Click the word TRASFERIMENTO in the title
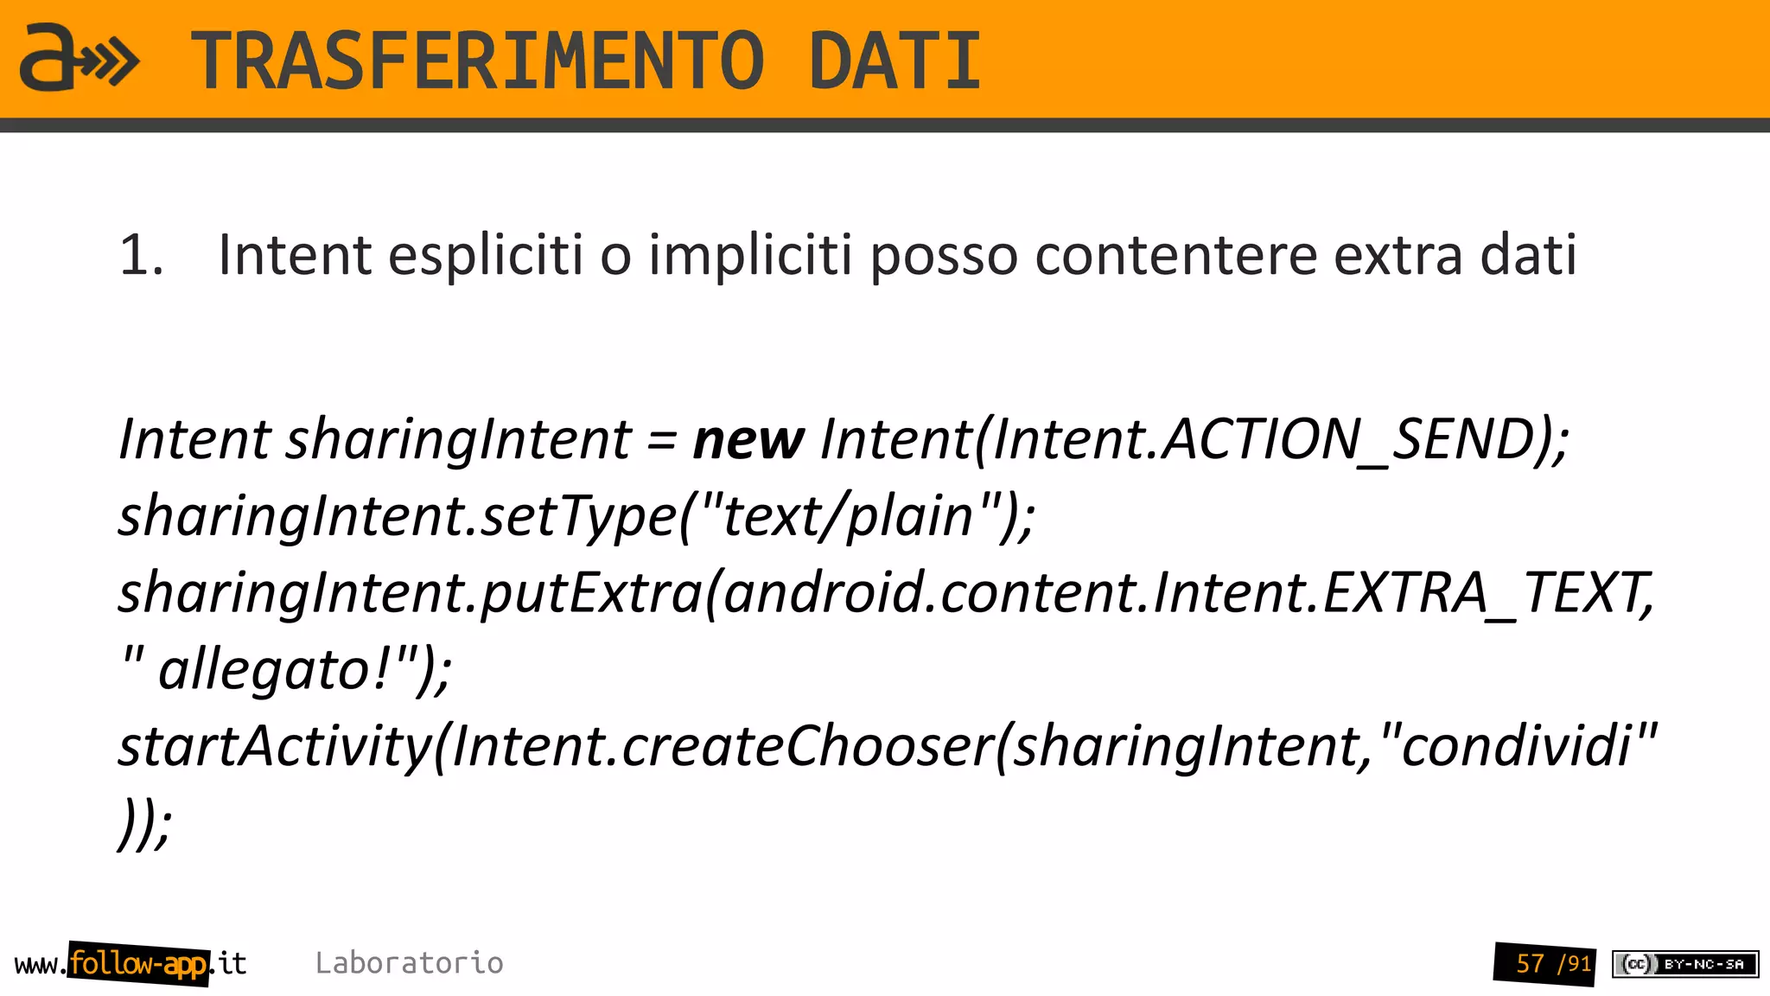tap(477, 61)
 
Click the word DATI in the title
tap(895, 61)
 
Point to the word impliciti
tap(750, 256)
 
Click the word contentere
tap(1175, 256)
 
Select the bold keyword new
tap(748, 439)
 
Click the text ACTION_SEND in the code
tap(1348, 439)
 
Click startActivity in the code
tap(275, 747)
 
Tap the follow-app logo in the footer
tap(138, 963)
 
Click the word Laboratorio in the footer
tap(409, 963)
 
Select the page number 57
tap(1530, 964)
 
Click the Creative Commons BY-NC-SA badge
tap(1685, 964)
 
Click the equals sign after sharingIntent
tap(661, 440)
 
